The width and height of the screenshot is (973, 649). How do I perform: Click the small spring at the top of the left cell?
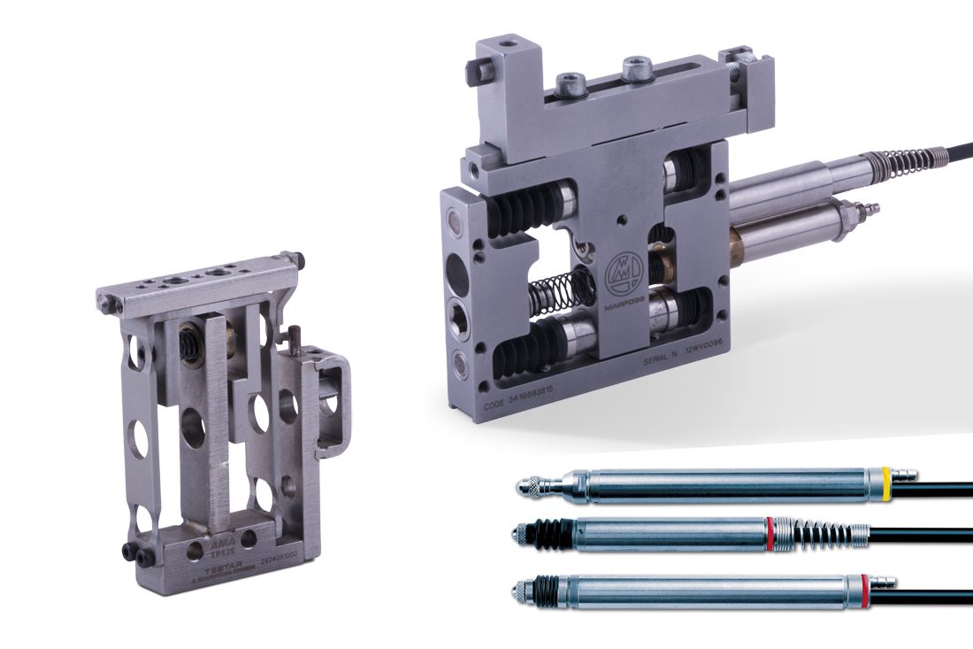188,340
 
